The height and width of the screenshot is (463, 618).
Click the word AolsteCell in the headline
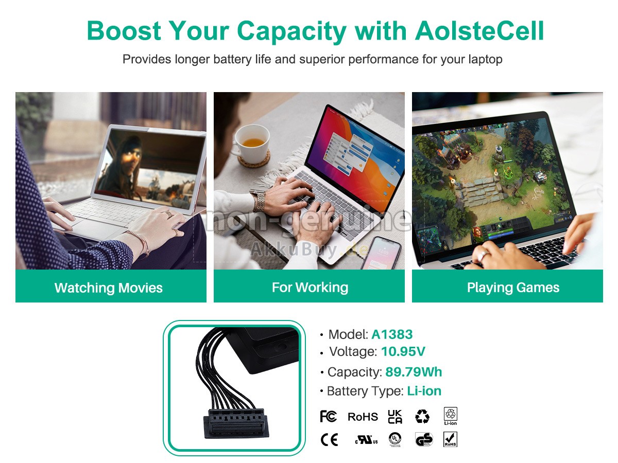click(x=479, y=31)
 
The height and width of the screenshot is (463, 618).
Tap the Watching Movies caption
click(x=108, y=288)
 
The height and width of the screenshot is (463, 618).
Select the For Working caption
click(x=310, y=287)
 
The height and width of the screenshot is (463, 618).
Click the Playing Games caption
click(x=513, y=288)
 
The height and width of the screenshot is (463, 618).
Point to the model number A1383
click(x=392, y=334)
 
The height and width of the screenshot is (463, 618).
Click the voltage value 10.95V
click(x=403, y=351)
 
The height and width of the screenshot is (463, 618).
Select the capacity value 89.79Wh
click(x=414, y=372)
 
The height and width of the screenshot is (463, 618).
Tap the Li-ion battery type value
click(x=424, y=391)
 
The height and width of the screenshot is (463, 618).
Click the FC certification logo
click(x=328, y=416)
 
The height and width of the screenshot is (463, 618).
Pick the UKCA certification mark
click(x=395, y=417)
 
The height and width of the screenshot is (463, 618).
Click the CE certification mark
click(x=329, y=440)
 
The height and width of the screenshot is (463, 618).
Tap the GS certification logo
click(x=424, y=439)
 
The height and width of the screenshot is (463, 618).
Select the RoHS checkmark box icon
click(x=450, y=439)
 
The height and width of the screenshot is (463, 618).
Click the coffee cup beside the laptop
click(x=251, y=144)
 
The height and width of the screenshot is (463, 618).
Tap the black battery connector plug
click(x=236, y=423)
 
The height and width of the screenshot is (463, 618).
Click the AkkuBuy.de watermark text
click(x=309, y=250)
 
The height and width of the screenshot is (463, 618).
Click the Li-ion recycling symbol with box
click(x=451, y=416)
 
